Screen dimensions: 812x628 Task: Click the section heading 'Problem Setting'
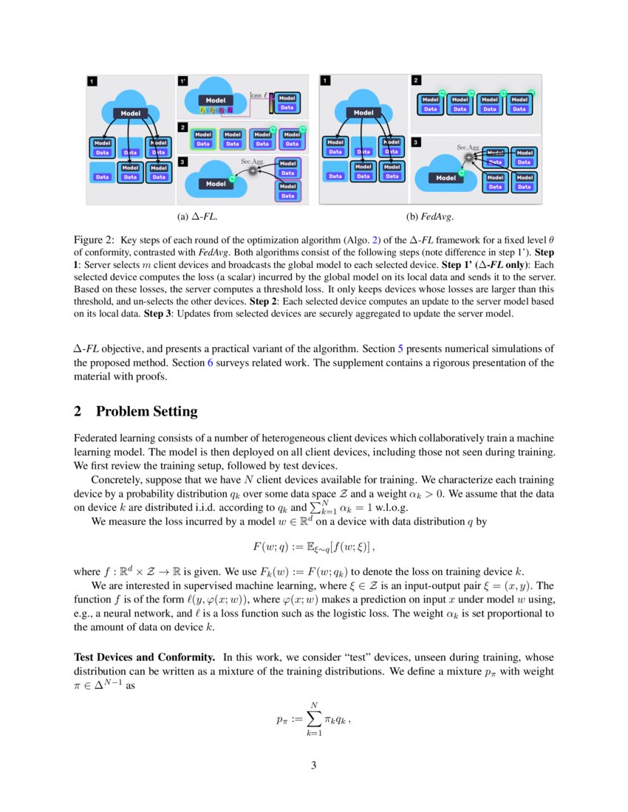click(x=146, y=411)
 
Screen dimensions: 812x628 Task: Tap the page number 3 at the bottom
click(x=313, y=765)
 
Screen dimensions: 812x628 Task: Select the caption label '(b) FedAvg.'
click(x=430, y=217)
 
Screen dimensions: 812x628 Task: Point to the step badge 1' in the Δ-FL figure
click(x=182, y=80)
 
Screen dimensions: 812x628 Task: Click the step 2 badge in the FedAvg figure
click(x=417, y=80)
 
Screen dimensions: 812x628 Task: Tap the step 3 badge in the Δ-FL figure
click(x=182, y=161)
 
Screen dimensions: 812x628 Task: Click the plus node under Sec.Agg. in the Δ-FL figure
click(x=253, y=170)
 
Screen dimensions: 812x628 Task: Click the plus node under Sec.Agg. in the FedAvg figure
click(x=468, y=157)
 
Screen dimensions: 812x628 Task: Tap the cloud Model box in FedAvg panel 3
click(x=446, y=177)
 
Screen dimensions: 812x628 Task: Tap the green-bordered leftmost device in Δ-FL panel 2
click(x=202, y=140)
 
